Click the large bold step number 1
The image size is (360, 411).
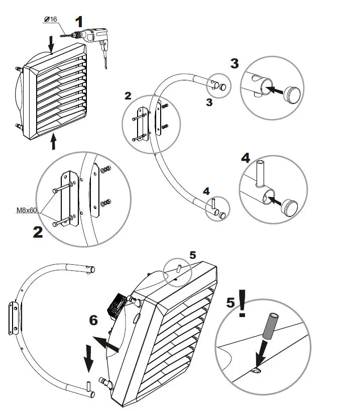[x=79, y=22]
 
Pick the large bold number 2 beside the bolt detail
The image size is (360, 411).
[x=38, y=232]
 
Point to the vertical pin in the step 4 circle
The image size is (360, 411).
[x=261, y=173]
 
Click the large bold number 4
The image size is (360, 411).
[x=245, y=158]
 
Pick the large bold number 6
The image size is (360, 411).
[x=93, y=320]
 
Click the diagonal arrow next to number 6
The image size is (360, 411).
[x=106, y=344]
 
